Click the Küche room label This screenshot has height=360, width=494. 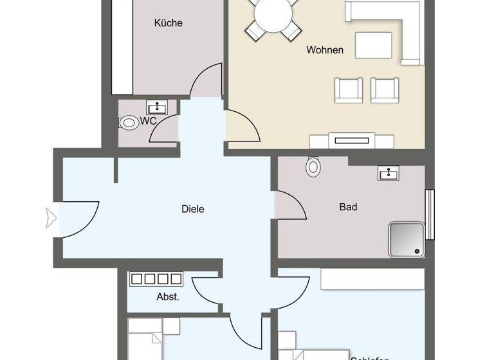point(168,23)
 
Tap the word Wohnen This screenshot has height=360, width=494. point(325,50)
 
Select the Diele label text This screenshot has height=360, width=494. point(193,209)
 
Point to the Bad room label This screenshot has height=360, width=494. point(348,207)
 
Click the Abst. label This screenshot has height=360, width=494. point(168,297)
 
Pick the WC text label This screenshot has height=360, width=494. point(148,121)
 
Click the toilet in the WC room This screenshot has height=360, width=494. point(129,122)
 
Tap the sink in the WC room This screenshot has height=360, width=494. point(157,107)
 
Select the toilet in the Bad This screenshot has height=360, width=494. point(313,166)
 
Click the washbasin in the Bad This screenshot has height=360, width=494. point(388,173)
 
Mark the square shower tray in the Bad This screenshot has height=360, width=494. point(407,239)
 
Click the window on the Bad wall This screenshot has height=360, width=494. point(430,214)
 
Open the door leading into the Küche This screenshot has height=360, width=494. point(207,80)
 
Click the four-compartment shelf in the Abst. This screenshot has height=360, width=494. point(156,279)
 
